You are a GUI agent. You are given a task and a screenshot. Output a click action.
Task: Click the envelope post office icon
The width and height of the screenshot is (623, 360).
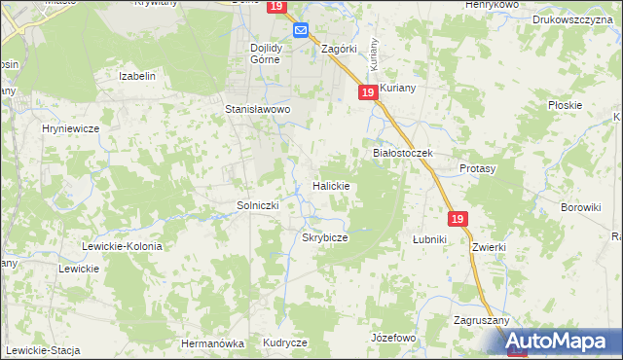click(x=301, y=31)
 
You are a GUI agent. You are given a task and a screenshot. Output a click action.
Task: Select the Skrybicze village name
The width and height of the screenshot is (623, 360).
click(x=325, y=237)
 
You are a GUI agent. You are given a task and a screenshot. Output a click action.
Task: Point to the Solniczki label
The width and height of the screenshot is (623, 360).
click(x=259, y=205)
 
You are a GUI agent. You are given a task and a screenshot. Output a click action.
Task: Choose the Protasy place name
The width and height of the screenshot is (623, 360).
click(x=478, y=168)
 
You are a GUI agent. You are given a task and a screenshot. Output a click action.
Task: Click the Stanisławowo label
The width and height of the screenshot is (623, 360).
click(x=259, y=110)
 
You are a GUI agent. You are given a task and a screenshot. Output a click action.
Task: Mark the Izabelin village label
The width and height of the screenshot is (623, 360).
click(x=137, y=76)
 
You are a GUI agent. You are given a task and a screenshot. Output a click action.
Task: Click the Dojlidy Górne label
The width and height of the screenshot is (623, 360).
click(x=265, y=53)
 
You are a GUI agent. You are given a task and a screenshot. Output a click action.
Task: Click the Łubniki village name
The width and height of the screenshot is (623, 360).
click(x=428, y=238)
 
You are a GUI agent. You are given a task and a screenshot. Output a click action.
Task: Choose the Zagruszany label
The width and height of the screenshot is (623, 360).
click(x=477, y=320)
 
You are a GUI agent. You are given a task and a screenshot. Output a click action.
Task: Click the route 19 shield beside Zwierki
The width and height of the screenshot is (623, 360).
click(x=459, y=220)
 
